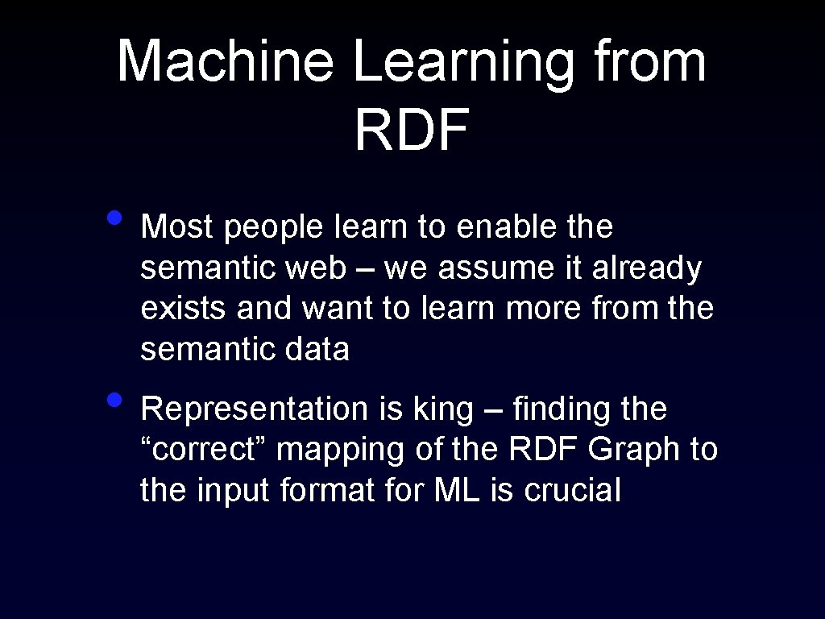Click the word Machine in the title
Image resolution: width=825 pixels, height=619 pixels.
225,61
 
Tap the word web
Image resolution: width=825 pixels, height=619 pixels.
321,268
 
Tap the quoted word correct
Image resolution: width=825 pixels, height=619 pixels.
204,450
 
